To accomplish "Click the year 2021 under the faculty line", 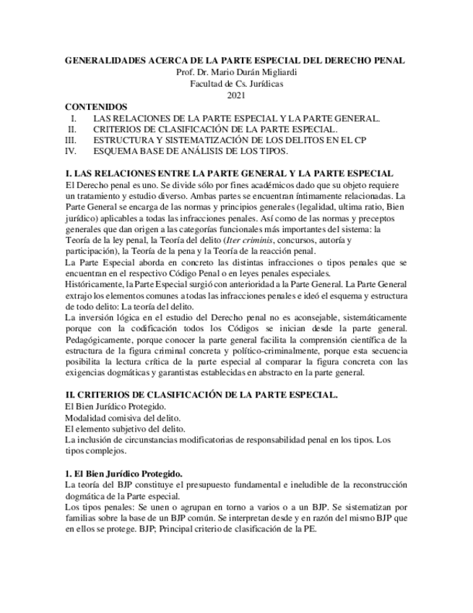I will pyautogui.click(x=236, y=95).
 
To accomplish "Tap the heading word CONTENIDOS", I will pyautogui.click(x=96, y=106).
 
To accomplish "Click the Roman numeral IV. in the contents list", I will pyautogui.click(x=70, y=151).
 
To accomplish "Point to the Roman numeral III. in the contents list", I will pyautogui.click(x=70, y=140).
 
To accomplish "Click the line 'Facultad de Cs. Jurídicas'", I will pyautogui.click(x=236, y=84).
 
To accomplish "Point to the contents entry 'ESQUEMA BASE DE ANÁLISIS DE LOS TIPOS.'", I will pyautogui.click(x=190, y=151).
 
